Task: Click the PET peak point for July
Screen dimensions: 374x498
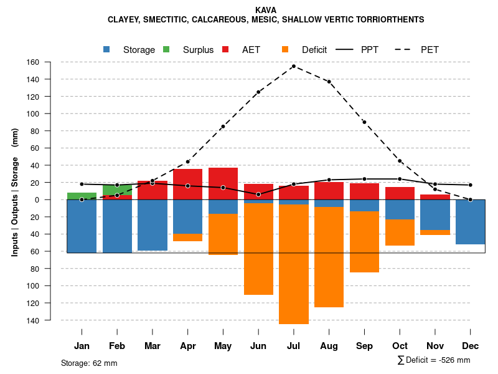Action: (293, 66)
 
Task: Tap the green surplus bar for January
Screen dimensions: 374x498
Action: (82, 196)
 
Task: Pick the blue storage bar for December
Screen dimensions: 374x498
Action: (470, 221)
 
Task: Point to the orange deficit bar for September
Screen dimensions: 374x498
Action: (364, 242)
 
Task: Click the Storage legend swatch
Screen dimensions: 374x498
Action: (107, 50)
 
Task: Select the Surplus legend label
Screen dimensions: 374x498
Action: (198, 50)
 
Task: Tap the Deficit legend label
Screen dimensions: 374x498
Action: (314, 50)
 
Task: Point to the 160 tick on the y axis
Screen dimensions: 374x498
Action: (50, 62)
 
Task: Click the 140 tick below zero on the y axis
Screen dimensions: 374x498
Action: (50, 320)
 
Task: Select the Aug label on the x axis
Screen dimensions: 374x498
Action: (329, 346)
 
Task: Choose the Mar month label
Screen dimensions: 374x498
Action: (153, 346)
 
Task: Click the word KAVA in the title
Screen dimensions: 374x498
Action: (266, 10)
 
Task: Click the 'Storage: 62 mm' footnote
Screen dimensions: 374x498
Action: (89, 363)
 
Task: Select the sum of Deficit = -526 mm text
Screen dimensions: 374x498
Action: (433, 360)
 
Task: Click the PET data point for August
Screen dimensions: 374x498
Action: (329, 82)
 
